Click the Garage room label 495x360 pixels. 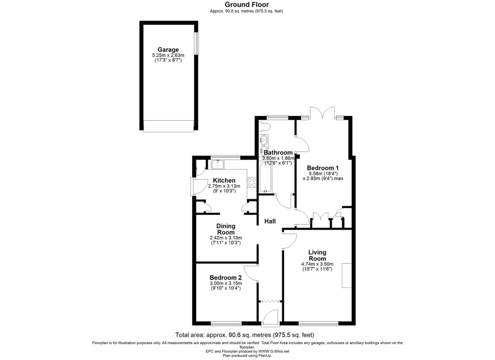(x=168, y=50)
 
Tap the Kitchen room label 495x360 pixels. (x=224, y=180)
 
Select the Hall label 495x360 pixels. (x=270, y=221)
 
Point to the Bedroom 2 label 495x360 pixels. (x=226, y=278)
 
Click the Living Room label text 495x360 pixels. (x=317, y=255)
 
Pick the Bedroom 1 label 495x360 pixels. (x=323, y=168)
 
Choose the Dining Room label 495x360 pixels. (x=226, y=229)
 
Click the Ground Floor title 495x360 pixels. (x=247, y=4)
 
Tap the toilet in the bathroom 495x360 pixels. (x=264, y=127)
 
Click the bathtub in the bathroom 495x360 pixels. (x=265, y=178)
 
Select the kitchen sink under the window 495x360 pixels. (x=218, y=164)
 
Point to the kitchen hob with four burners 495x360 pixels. (x=251, y=183)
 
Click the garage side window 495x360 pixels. (x=197, y=43)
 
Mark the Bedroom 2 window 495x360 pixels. (x=226, y=324)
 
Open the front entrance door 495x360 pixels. (x=270, y=317)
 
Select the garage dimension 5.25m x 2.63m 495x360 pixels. (x=168, y=55)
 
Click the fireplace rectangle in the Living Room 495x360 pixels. (x=346, y=275)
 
